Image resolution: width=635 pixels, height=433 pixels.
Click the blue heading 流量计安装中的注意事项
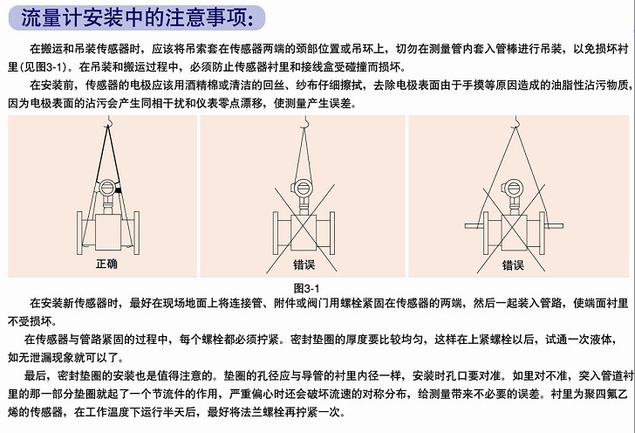pos(138,17)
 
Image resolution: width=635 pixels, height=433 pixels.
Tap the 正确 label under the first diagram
pos(106,264)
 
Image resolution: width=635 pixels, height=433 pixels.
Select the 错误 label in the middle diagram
pos(304,265)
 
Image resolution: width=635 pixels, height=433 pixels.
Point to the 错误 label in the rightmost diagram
pos(513,265)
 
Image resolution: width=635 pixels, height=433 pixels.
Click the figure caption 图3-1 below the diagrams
pos(306,289)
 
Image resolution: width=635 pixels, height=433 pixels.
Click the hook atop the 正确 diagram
pos(108,120)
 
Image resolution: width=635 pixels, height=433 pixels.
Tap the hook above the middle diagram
pos(306,120)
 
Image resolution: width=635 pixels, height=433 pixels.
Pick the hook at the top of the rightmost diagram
pos(516,120)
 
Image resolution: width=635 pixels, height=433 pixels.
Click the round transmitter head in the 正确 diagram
pos(107,188)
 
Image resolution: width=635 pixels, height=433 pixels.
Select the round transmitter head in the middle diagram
pos(304,188)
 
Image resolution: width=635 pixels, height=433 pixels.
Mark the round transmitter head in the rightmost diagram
pos(513,188)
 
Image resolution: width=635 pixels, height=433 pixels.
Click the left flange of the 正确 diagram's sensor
pos(79,233)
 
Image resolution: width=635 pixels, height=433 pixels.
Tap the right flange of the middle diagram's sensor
pos(332,233)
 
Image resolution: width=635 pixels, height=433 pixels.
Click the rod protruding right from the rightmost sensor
pos(554,226)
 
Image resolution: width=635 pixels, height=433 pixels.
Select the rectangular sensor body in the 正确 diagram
pos(108,232)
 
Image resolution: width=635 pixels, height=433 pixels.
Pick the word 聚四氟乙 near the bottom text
pos(606,394)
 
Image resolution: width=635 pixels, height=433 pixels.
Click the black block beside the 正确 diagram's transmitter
pos(119,190)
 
